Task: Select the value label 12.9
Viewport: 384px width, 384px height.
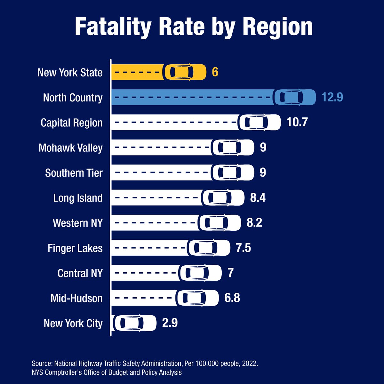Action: tap(332, 97)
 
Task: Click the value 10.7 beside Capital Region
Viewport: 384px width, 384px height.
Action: tap(297, 122)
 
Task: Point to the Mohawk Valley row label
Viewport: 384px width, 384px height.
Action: tap(70, 148)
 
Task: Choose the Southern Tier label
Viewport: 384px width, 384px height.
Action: tap(74, 173)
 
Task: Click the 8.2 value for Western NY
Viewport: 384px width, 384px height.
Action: tap(254, 223)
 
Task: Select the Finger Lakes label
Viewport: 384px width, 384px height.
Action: tap(75, 248)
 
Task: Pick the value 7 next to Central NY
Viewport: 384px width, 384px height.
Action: tap(230, 273)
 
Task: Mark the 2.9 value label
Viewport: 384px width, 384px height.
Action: tap(170, 323)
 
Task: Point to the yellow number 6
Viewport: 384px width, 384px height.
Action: tap(215, 72)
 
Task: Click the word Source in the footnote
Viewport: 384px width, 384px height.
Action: tap(42, 364)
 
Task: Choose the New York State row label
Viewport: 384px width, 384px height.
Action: tap(70, 73)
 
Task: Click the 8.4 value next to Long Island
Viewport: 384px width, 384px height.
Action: tap(258, 198)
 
